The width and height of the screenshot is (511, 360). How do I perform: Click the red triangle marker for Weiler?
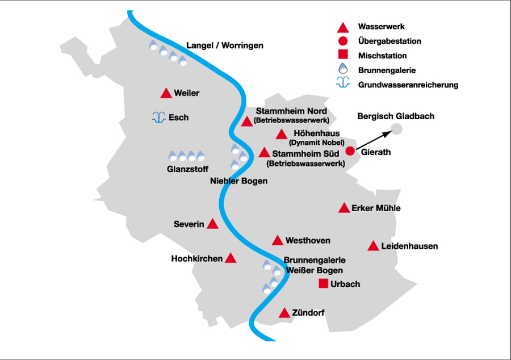166,94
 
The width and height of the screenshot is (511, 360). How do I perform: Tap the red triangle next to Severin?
212,224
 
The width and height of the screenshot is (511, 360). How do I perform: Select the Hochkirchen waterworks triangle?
231,258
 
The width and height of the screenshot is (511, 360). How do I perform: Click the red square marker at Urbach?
324,284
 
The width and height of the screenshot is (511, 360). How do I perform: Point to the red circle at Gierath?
350,151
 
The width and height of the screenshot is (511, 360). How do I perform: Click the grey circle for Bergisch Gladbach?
396,129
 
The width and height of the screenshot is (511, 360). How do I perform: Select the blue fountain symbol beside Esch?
158,118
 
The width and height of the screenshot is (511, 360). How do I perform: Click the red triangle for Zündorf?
284,313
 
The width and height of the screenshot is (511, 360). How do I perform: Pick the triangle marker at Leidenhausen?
373,246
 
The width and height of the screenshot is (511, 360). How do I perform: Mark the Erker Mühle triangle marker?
344,208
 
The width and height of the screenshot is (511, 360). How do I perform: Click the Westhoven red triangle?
278,241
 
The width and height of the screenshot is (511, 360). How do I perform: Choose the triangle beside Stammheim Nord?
247,122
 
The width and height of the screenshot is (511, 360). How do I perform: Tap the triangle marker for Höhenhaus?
281,135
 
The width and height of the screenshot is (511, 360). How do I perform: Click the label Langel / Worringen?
225,45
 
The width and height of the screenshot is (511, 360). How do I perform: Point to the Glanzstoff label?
187,169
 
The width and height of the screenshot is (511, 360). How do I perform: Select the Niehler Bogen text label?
238,181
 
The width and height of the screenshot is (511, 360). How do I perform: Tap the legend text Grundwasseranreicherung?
408,85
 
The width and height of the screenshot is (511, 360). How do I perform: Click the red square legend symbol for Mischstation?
342,56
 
